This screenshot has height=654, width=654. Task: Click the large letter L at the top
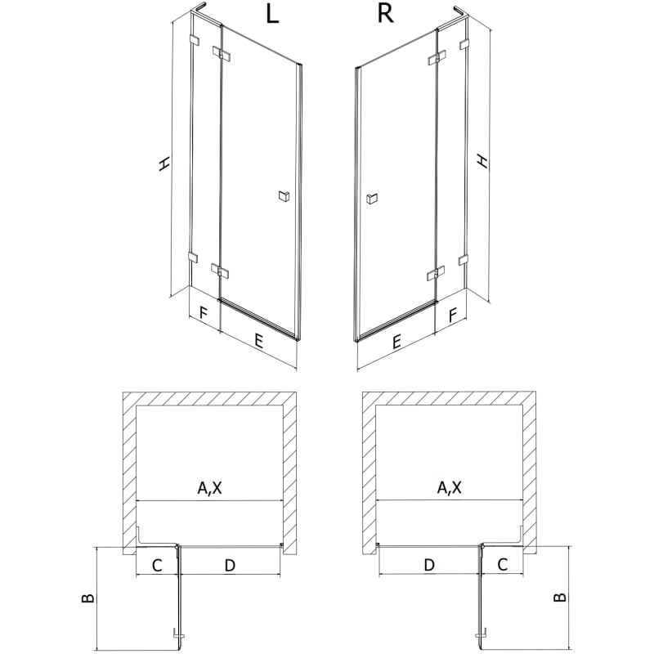click(x=272, y=14)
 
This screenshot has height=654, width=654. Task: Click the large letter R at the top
click(x=385, y=14)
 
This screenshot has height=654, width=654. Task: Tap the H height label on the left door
click(x=164, y=163)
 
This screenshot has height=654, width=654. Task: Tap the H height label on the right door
click(x=482, y=161)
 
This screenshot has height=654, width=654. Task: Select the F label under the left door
click(x=203, y=312)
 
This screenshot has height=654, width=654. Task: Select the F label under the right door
click(x=453, y=315)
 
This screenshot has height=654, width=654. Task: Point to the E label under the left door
click(x=258, y=341)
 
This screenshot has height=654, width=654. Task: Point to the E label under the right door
click(x=396, y=342)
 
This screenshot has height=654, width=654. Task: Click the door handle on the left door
click(x=284, y=195)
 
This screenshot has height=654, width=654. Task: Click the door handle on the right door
click(x=371, y=199)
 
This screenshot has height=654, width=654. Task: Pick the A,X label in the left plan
click(x=210, y=487)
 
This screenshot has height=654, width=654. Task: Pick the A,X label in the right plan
click(x=449, y=487)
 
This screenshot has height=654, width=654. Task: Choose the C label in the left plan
click(x=157, y=566)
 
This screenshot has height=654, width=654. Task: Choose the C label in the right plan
click(x=503, y=565)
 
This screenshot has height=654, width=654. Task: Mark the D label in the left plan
click(x=230, y=566)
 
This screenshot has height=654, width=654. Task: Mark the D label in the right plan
click(x=429, y=565)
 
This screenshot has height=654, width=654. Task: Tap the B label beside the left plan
click(x=88, y=598)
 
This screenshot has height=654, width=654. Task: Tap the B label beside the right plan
click(x=560, y=598)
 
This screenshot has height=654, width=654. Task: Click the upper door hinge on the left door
click(x=221, y=53)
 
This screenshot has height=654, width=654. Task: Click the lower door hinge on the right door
click(x=437, y=273)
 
